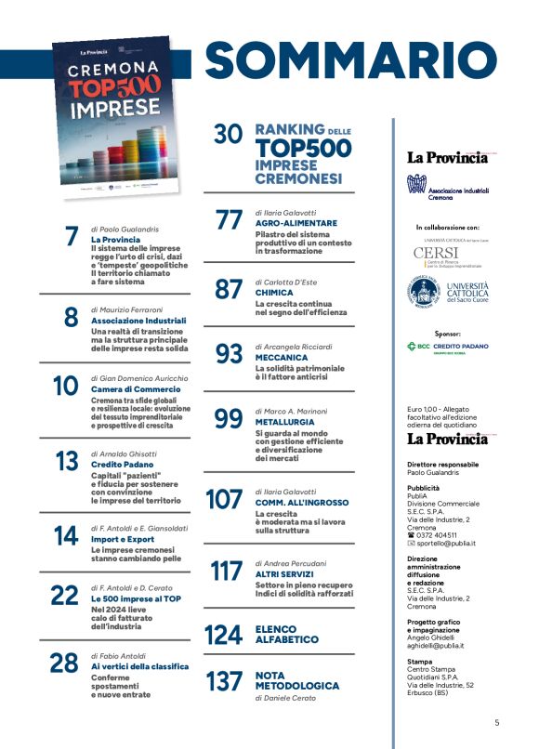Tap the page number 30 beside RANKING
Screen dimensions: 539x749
228,136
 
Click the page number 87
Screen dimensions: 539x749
228,289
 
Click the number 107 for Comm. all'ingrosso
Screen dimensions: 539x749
223,499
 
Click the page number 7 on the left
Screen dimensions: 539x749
72,237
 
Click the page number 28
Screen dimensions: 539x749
63,663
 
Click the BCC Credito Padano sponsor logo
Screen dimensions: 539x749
449,348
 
